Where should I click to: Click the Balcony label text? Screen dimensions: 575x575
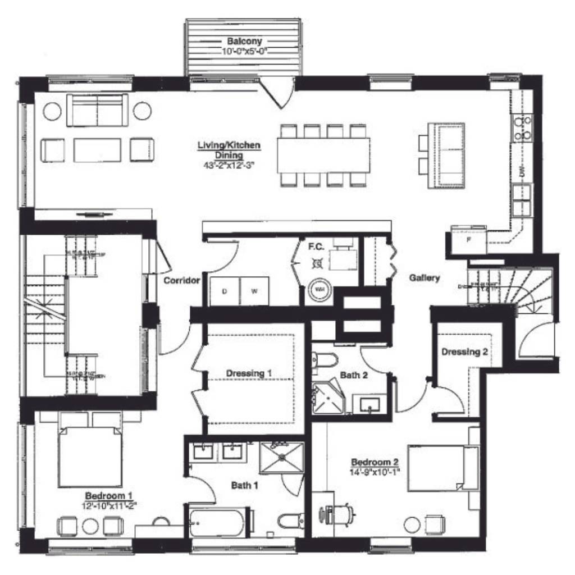[244, 42]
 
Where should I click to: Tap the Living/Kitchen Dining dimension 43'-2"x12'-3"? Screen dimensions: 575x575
[229, 166]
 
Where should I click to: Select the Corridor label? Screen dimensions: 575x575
[182, 280]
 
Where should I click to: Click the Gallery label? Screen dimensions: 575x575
[424, 277]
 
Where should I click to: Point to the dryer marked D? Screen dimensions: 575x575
[225, 291]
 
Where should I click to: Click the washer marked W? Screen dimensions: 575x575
[254, 291]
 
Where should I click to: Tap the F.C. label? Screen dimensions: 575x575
[314, 245]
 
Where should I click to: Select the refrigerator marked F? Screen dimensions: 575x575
[469, 238]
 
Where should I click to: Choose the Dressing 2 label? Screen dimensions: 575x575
[464, 352]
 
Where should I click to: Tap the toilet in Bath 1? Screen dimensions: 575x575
[291, 521]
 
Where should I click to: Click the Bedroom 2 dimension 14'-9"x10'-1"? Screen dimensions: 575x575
[375, 471]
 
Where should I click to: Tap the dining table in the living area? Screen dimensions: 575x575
[323, 155]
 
